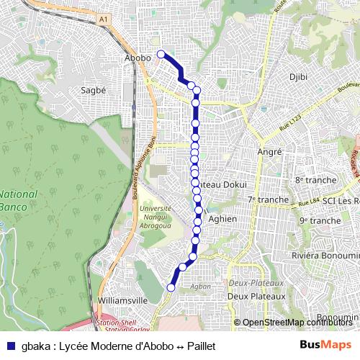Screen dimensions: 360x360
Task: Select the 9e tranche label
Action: coord(320,220)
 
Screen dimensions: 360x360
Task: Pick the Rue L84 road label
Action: coord(307,207)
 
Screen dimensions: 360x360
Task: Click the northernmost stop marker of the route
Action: coord(161,53)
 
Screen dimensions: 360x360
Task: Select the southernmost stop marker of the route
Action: coord(171,287)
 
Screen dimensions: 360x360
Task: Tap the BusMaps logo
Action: coord(326,344)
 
